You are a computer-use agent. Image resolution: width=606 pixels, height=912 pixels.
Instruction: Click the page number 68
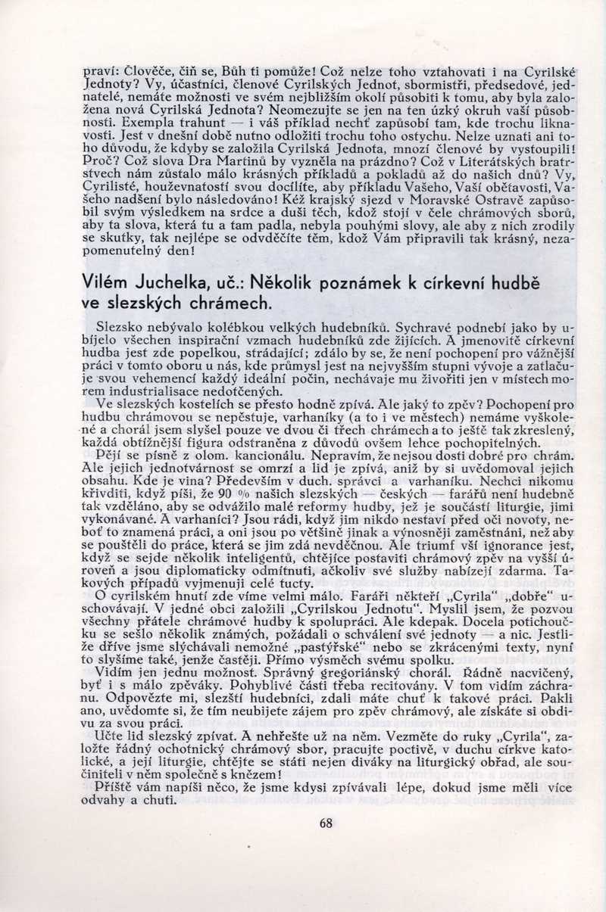point(326,823)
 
